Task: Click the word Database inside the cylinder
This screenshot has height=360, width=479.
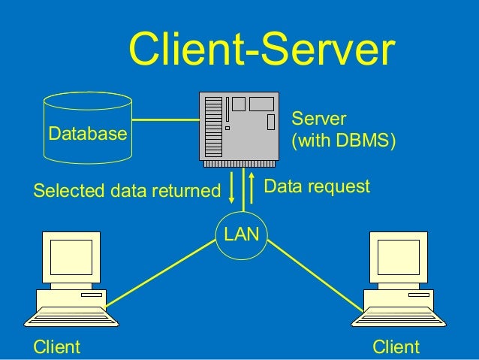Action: [87, 134]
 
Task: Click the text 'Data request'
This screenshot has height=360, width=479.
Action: [318, 186]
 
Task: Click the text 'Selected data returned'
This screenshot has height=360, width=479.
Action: [125, 191]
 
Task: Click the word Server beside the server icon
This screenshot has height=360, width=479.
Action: [318, 119]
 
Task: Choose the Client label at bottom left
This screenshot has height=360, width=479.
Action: [56, 346]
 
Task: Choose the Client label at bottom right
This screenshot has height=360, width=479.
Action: [396, 346]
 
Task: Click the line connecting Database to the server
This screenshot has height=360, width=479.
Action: [164, 119]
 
